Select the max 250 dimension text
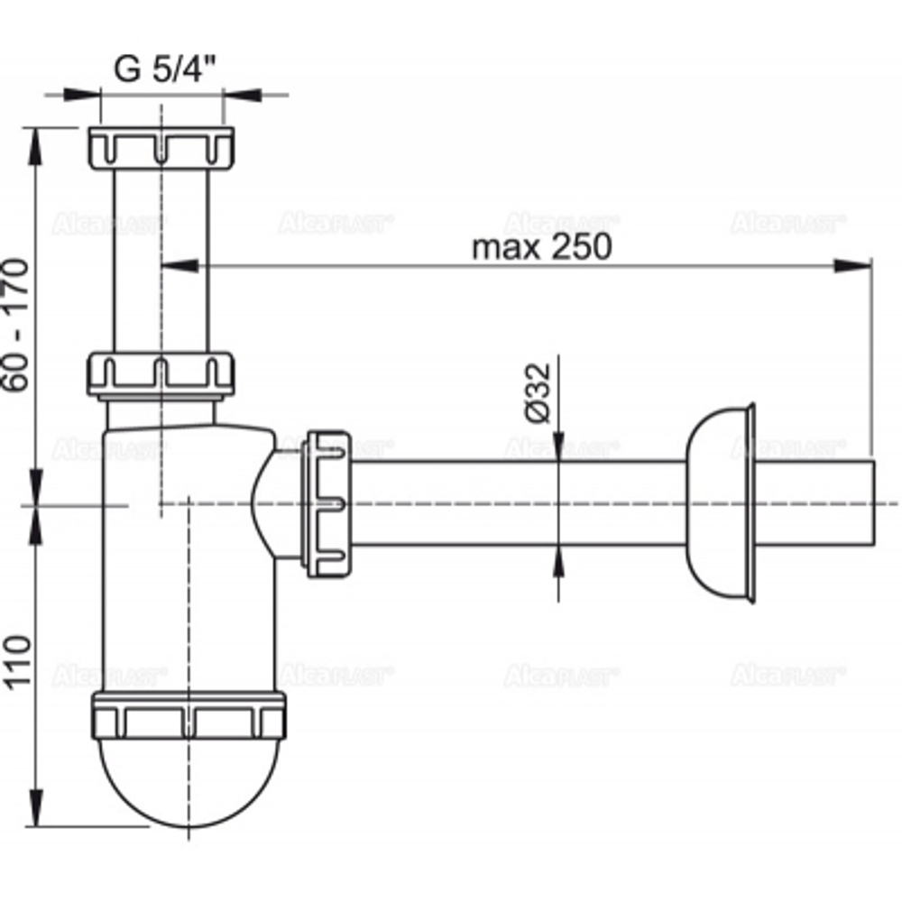tap(541, 245)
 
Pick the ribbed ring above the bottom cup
tap(189, 716)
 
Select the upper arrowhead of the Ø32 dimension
tap(558, 446)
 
